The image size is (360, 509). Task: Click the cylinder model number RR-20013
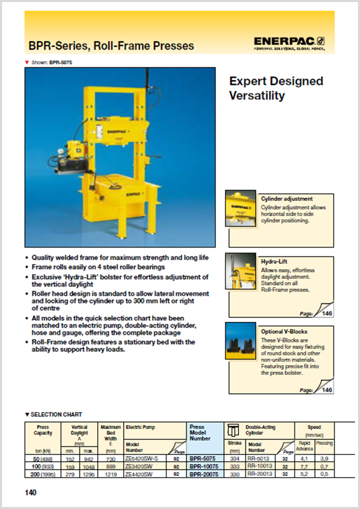260,473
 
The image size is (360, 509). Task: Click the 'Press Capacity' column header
43,431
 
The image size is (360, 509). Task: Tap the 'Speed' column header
315,428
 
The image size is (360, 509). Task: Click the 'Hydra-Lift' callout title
274,261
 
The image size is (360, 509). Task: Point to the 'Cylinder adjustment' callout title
287,199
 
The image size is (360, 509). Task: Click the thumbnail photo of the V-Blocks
242,342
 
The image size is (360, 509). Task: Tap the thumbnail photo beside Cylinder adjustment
242,211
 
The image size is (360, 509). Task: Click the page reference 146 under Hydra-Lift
327,314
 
